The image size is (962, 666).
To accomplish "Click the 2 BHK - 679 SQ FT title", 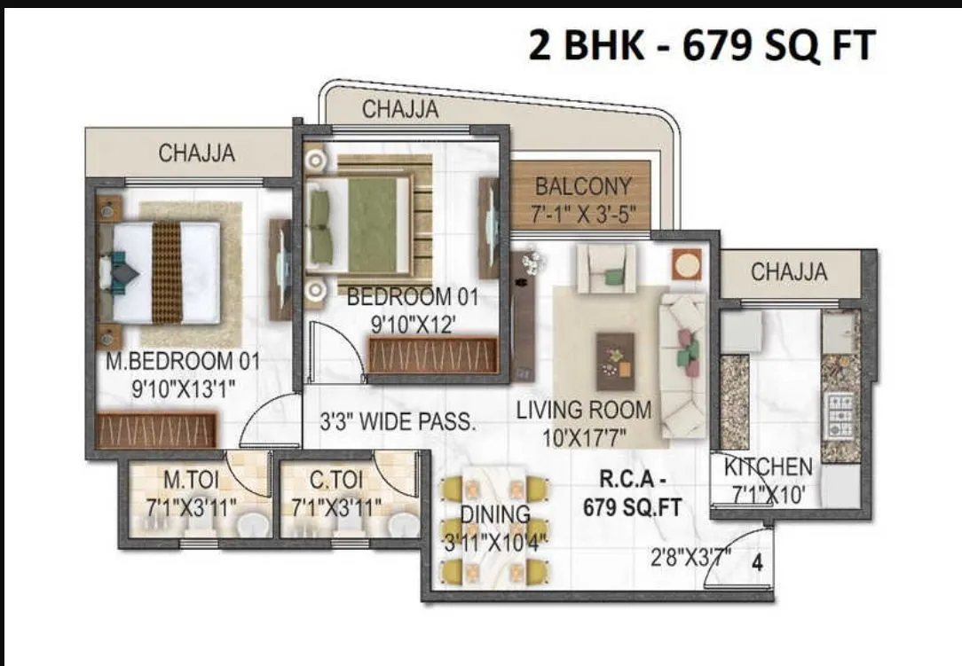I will click(701, 45).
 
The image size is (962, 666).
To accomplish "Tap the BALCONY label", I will click(583, 188).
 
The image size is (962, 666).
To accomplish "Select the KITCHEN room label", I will click(768, 467).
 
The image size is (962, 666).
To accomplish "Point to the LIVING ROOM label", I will click(584, 411).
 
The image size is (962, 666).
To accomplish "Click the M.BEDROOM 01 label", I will click(183, 362).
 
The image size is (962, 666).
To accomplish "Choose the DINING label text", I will click(494, 514).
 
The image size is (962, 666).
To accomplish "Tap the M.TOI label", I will click(191, 481).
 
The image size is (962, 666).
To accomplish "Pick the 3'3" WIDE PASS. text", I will click(398, 422).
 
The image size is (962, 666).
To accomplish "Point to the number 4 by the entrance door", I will click(757, 560).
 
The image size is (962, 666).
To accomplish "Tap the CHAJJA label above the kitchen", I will click(789, 272).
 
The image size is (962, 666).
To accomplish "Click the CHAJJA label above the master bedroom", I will click(197, 153).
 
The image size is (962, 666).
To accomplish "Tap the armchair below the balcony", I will click(606, 268).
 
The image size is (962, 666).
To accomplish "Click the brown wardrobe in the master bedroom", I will click(156, 430).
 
